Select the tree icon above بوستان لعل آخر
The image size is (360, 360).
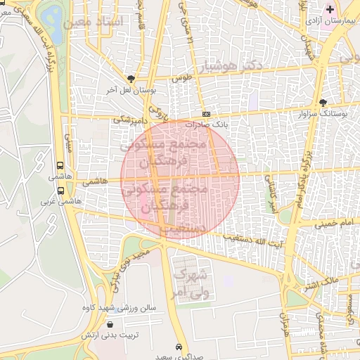(131, 79)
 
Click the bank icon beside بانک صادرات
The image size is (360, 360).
(206, 113)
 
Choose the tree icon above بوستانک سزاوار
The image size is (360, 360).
(323, 101)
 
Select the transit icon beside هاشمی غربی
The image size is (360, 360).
(61, 190)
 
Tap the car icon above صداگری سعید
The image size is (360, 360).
(181, 347)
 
